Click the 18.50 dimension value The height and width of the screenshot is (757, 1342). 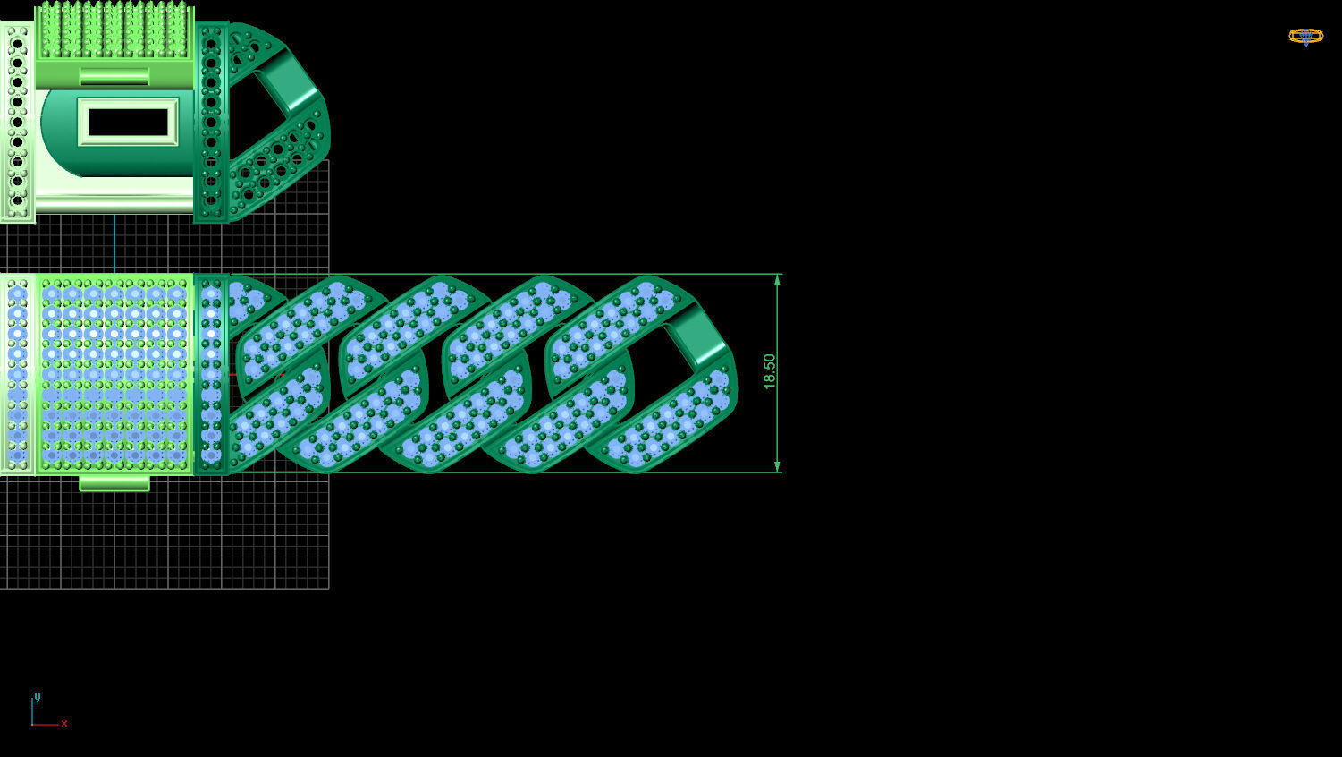click(769, 371)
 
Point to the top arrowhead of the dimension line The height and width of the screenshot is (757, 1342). click(777, 281)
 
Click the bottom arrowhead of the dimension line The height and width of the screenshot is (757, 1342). click(777, 465)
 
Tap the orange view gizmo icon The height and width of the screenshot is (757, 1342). click(1305, 36)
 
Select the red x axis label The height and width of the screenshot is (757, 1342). click(64, 723)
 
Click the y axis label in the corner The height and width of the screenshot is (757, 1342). click(37, 697)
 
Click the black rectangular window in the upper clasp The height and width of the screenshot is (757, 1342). click(128, 122)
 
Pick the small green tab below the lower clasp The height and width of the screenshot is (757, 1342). click(114, 483)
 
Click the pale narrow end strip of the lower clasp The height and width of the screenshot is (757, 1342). click(17, 374)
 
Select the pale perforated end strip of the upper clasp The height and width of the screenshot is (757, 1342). click(17, 122)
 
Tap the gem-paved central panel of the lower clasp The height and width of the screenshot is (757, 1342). click(114, 374)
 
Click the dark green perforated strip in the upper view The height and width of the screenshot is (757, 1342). click(211, 122)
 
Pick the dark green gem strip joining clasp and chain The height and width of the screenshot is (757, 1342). click(211, 374)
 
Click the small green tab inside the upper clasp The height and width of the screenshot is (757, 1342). click(114, 76)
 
